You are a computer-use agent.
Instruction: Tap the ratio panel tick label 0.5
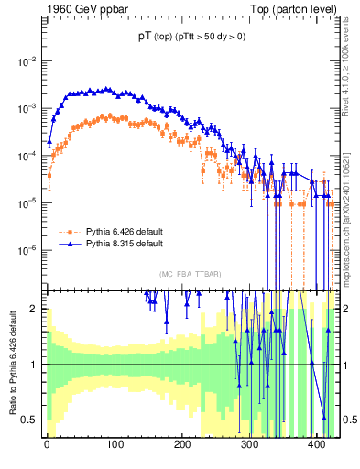[29, 420]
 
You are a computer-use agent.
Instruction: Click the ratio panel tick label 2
[34, 309]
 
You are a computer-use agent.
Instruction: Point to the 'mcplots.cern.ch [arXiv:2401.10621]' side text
[351, 206]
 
